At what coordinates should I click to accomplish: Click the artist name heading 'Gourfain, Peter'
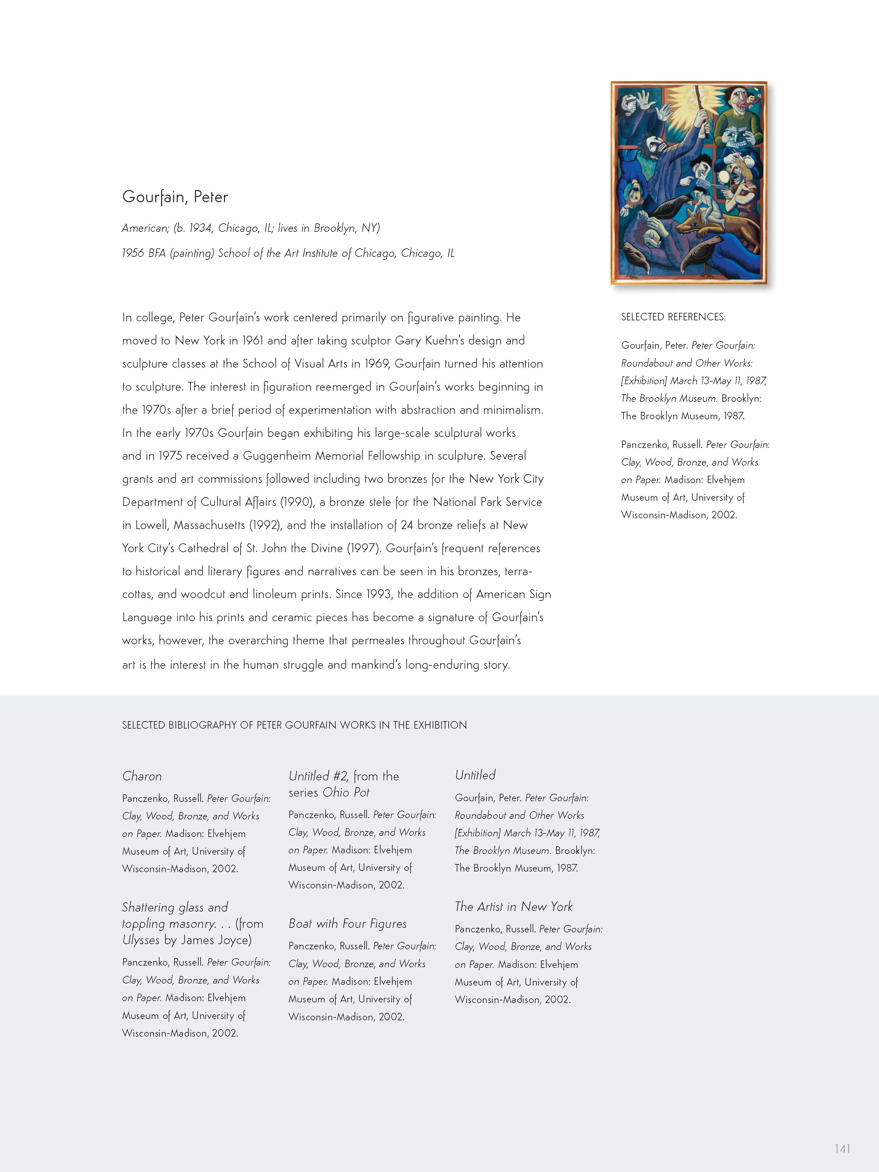tap(175, 197)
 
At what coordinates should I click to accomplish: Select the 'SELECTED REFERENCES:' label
tap(673, 317)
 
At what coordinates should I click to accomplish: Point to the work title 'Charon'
tap(142, 776)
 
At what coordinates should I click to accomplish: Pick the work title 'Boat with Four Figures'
tap(348, 924)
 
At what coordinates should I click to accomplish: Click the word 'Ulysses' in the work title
tap(140, 940)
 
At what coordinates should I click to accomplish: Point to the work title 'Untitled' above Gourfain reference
tap(475, 775)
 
